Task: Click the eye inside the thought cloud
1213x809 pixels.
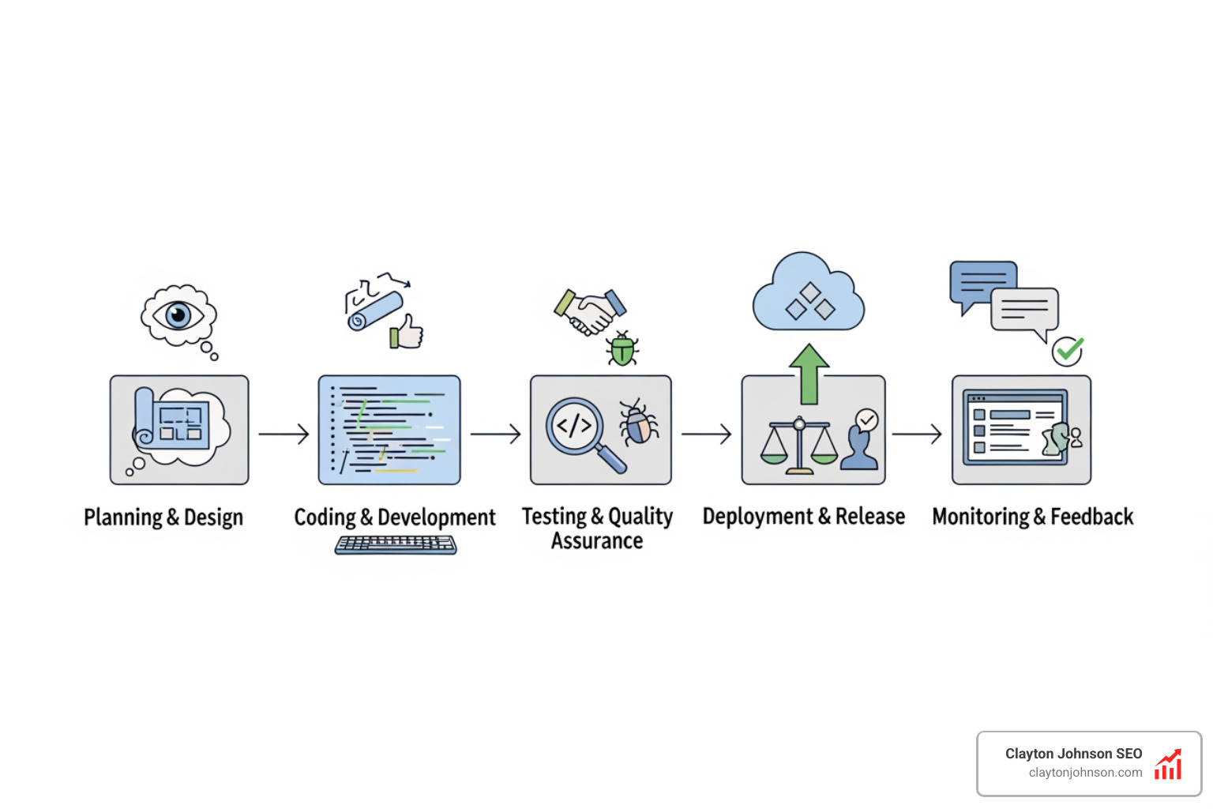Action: [179, 315]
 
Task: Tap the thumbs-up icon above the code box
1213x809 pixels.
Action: [407, 332]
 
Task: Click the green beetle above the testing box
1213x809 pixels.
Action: [622, 349]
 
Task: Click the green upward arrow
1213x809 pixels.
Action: [809, 373]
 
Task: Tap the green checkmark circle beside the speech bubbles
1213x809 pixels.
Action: [1068, 349]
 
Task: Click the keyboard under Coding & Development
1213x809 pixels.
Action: [396, 544]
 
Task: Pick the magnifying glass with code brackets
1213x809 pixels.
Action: [580, 431]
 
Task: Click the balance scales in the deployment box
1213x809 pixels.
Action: [799, 447]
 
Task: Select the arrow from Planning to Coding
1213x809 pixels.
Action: [284, 434]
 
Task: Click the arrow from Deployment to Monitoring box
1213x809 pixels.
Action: [917, 434]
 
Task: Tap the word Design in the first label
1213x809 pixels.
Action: [213, 517]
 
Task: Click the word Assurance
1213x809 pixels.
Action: [597, 541]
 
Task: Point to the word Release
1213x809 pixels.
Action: [870, 517]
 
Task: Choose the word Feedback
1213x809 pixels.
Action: [1091, 517]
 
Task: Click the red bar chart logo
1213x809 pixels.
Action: [1168, 764]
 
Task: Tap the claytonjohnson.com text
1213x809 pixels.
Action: [1085, 773]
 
